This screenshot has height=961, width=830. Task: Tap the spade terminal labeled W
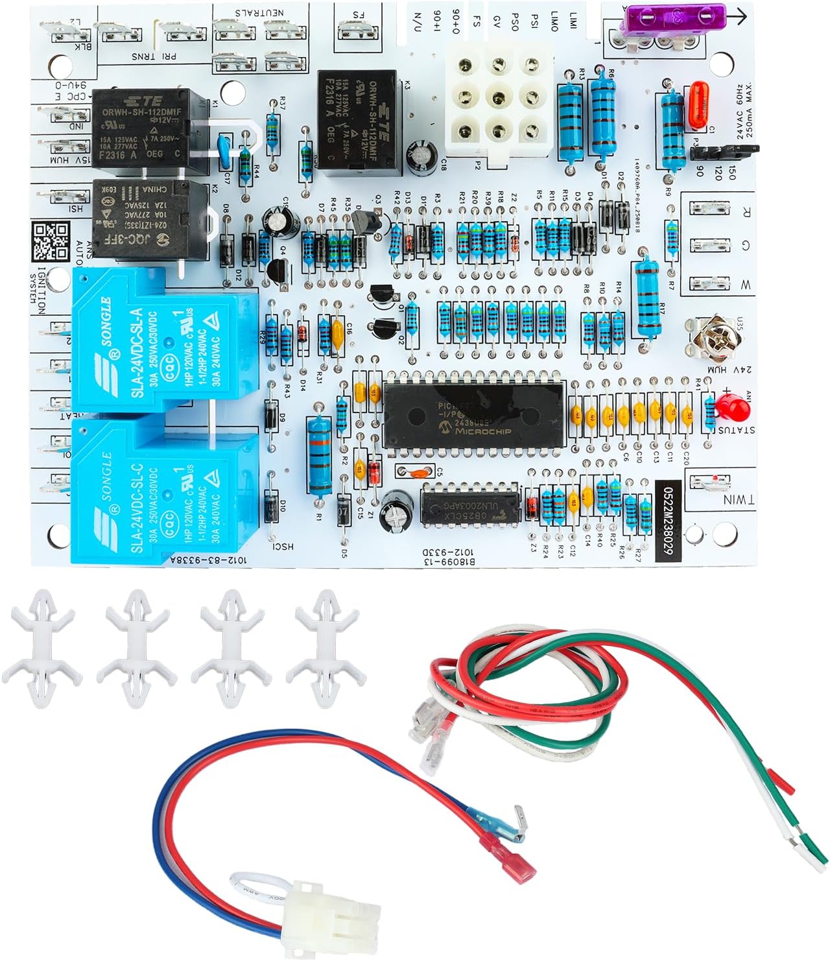coord(710,283)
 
